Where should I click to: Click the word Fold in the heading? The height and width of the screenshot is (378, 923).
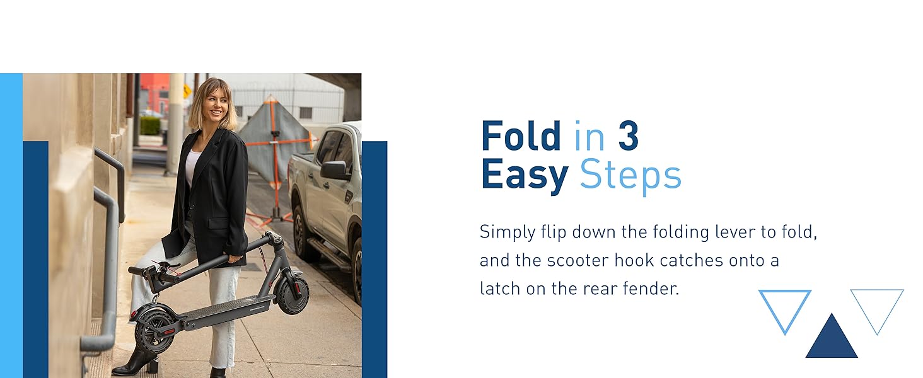pos(521,135)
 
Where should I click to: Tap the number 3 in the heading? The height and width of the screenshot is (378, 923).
pos(629,135)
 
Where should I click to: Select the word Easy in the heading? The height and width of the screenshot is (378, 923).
pos(525,176)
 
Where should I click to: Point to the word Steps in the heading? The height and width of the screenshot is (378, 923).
pos(630,176)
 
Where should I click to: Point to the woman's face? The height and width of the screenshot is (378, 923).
pos(216,105)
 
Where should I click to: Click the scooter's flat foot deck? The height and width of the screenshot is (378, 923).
pos(229,311)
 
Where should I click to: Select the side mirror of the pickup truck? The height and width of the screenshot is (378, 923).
pos(335,169)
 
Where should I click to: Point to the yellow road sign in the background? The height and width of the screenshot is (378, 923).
pos(187,91)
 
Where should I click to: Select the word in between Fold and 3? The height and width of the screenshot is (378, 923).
pos(589,135)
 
